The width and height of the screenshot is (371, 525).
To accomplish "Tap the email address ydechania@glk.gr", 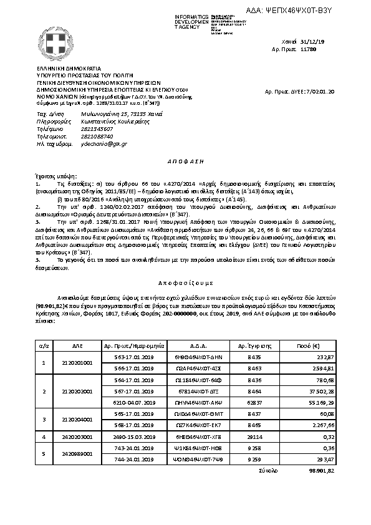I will click(100, 143).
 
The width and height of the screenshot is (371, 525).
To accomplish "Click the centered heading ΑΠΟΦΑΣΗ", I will click(185, 160).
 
